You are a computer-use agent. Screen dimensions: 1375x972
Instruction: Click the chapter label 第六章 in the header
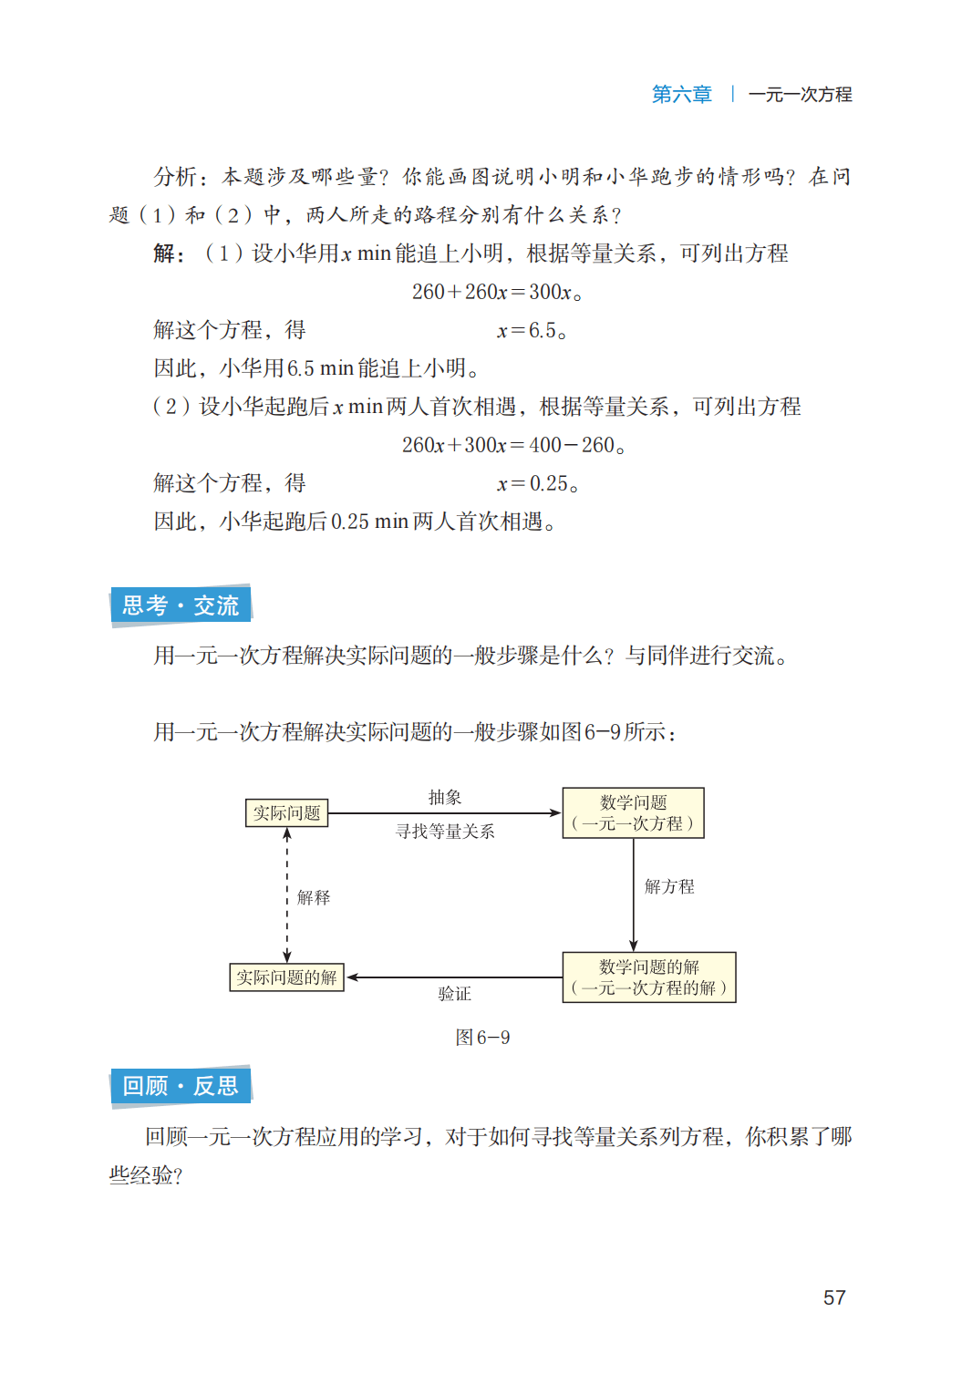(x=681, y=94)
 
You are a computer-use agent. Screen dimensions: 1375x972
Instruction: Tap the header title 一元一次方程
(x=800, y=94)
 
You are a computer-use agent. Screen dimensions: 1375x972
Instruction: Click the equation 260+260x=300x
(x=496, y=292)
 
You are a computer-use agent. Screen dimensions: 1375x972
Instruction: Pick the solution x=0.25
(x=537, y=483)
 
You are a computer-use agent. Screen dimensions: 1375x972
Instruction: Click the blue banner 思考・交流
(x=181, y=605)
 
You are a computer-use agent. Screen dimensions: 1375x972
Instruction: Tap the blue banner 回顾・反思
(x=181, y=1086)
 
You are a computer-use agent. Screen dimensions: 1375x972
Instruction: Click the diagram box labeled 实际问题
(x=286, y=812)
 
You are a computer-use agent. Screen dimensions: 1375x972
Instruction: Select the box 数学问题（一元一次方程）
(x=633, y=812)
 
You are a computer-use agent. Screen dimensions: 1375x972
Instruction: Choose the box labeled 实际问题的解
(x=286, y=977)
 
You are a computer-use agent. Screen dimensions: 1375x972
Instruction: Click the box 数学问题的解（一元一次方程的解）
(x=648, y=977)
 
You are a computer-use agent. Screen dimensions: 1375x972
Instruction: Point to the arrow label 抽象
(x=445, y=797)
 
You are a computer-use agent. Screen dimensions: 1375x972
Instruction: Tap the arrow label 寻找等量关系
(x=445, y=831)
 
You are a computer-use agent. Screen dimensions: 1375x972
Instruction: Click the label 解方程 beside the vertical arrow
(x=669, y=886)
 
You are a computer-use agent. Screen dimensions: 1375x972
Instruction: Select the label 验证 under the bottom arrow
(x=454, y=994)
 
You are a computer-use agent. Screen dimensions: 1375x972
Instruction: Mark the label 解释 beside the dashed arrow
(x=314, y=897)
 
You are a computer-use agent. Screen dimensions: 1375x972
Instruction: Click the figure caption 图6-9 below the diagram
(x=482, y=1038)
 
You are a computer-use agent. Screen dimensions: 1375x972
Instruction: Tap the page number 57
(x=834, y=1297)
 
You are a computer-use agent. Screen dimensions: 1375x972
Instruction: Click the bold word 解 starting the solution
(x=165, y=253)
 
